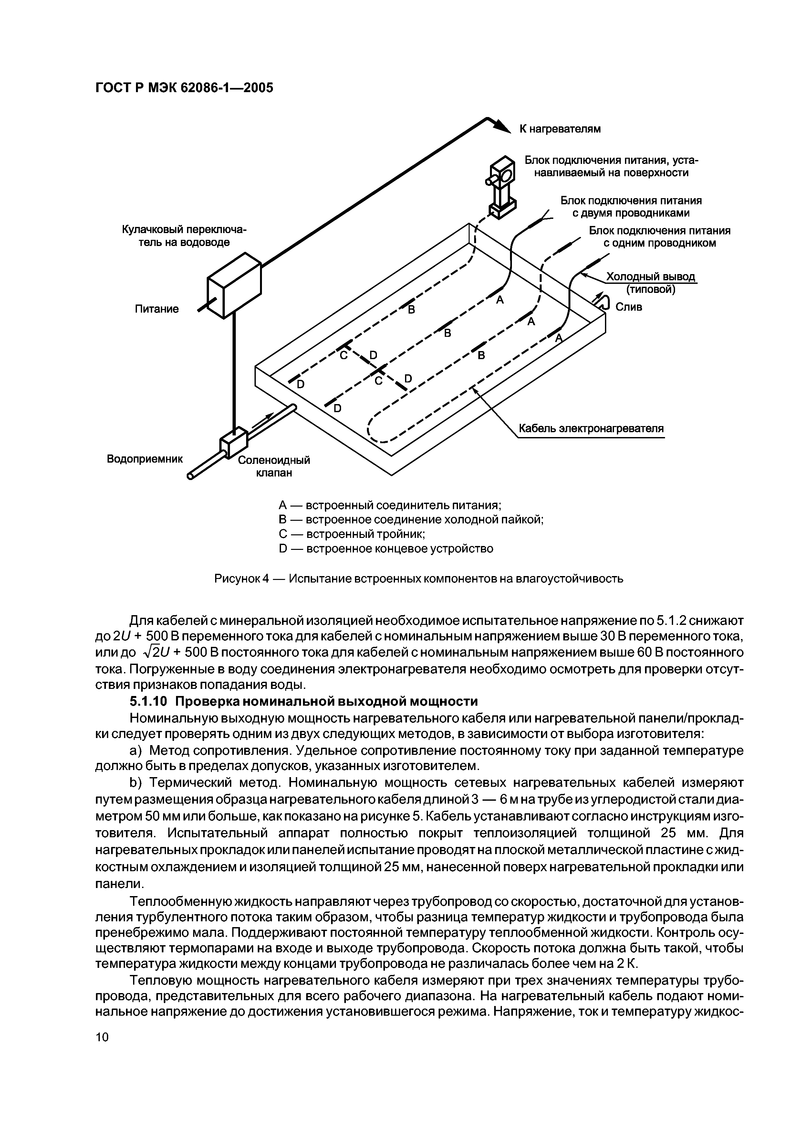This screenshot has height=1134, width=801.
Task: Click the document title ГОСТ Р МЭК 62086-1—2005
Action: (x=183, y=88)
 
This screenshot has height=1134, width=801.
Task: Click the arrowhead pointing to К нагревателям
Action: (x=503, y=126)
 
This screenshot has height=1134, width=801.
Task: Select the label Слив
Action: (x=629, y=307)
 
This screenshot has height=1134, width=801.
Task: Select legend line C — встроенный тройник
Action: (x=351, y=534)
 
